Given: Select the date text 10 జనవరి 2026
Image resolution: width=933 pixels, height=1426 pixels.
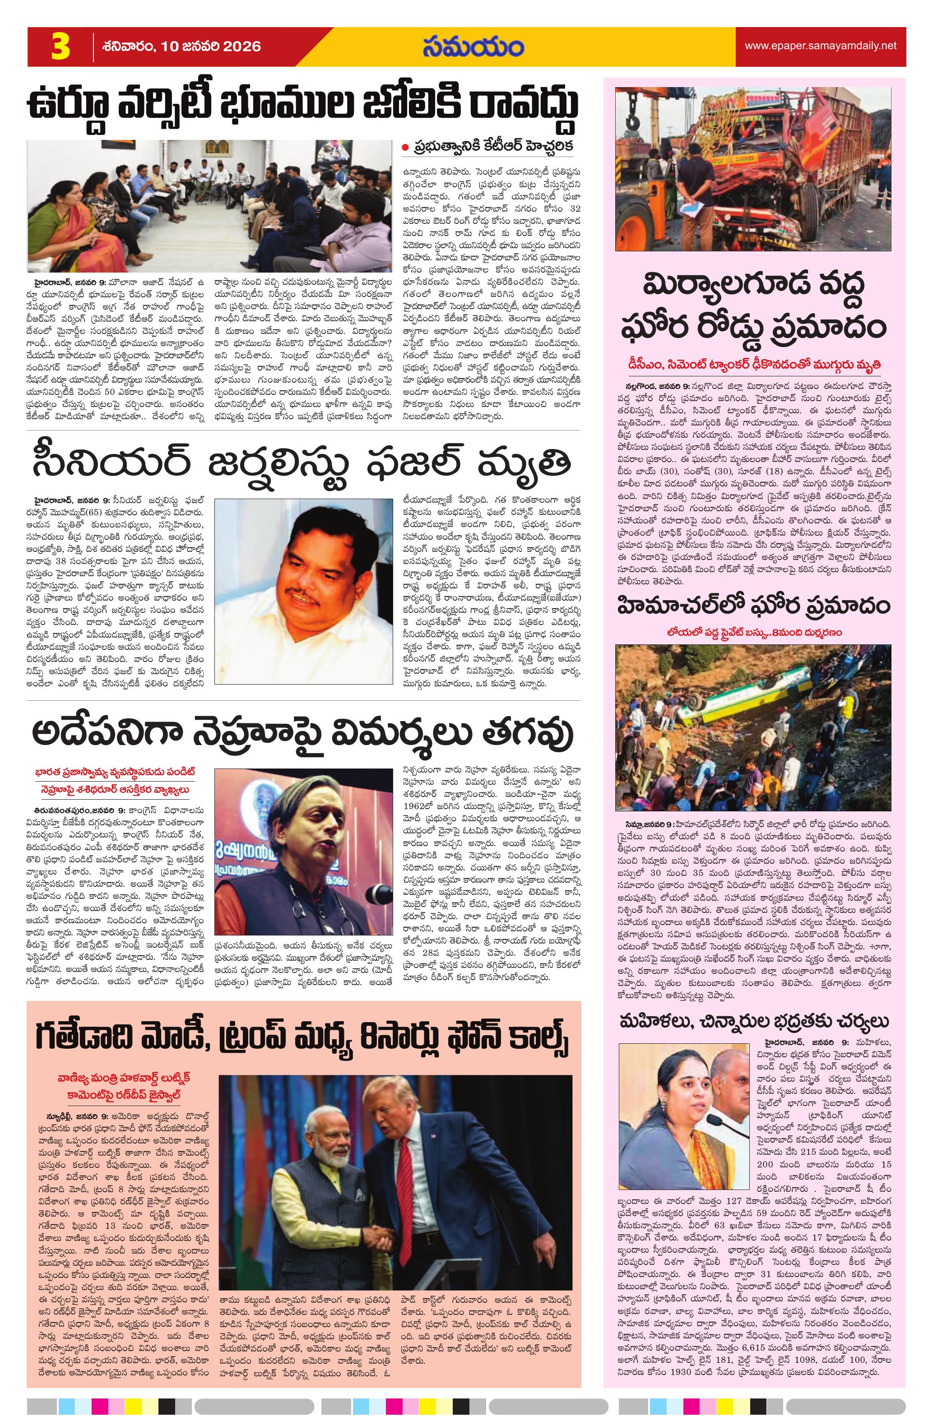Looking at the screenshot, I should tap(207, 46).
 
